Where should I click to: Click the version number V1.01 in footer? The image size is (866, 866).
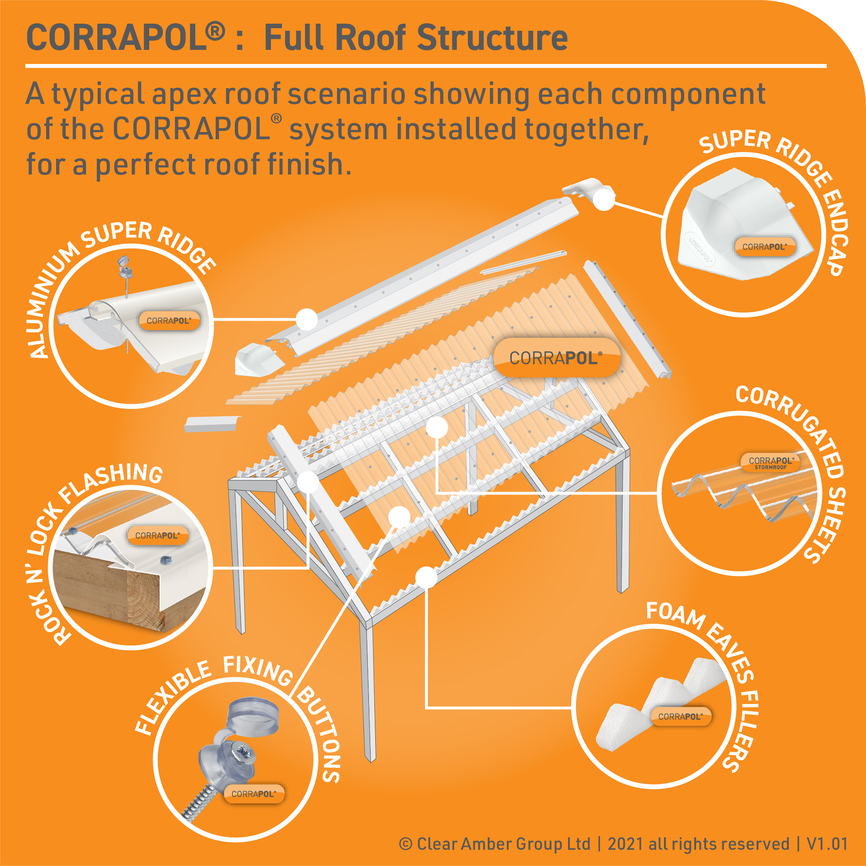pos(827,843)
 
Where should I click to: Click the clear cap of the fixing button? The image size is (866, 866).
pos(254,717)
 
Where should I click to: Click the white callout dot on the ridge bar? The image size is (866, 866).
pos(307,319)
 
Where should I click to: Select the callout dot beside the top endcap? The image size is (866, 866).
pos(604,200)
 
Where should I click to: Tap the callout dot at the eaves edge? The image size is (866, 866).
pos(426,577)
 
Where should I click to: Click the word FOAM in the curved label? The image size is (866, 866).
pos(675,614)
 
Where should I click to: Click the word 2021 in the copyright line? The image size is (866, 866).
pos(626,843)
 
